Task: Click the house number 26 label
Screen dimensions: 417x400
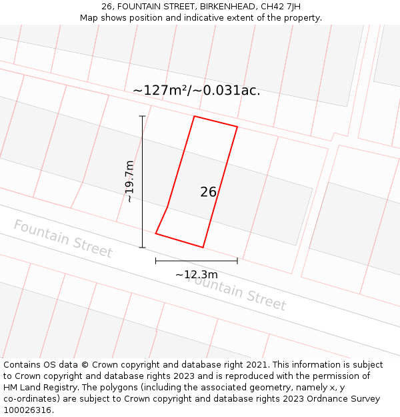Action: [208, 192]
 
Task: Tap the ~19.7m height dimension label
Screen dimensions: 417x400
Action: [129, 181]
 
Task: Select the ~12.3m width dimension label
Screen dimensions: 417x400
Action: [197, 274]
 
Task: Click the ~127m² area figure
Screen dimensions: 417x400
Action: [160, 91]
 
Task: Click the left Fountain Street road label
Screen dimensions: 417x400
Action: [63, 238]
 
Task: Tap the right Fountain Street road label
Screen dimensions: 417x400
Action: [237, 292]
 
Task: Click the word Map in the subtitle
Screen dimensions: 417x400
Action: [89, 18]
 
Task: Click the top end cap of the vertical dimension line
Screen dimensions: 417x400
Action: [142, 116]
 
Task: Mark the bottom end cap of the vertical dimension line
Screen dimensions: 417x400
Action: [142, 248]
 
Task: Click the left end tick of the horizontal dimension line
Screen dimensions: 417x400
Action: [156, 261]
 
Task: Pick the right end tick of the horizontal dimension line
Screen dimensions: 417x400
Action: [237, 261]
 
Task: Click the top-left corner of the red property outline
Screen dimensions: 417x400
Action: [194, 116]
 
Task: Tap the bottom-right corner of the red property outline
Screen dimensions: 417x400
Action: [203, 248]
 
